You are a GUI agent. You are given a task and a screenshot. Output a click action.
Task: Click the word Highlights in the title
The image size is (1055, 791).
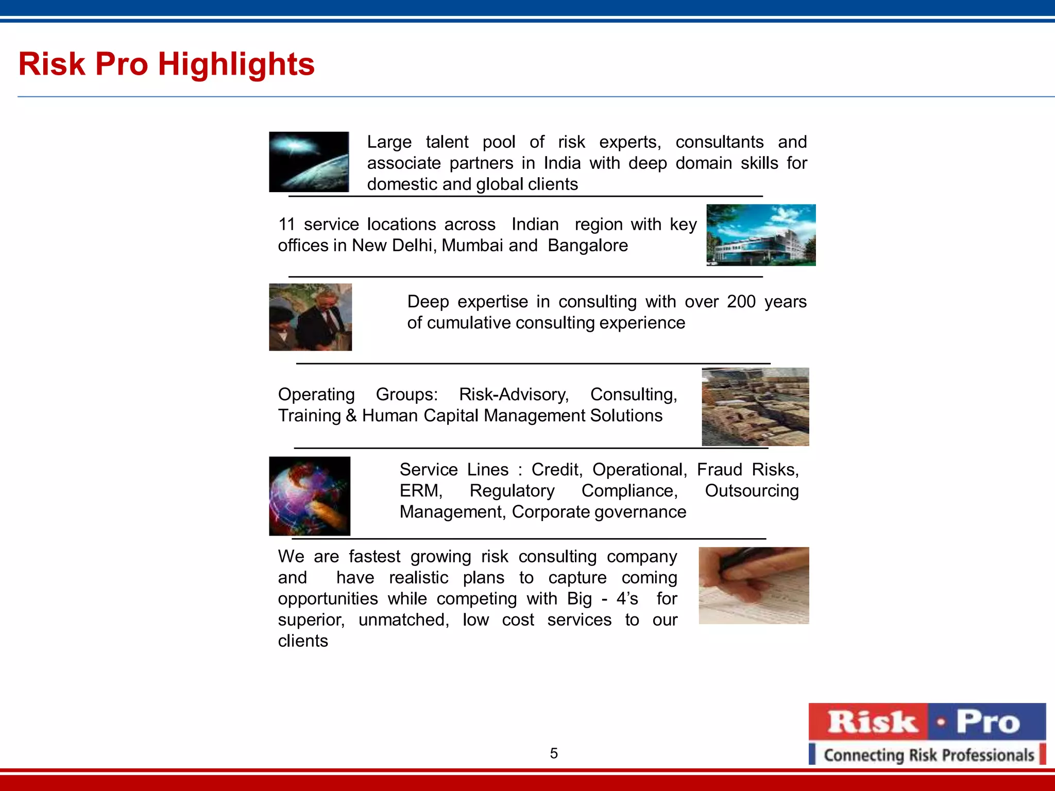click(x=236, y=65)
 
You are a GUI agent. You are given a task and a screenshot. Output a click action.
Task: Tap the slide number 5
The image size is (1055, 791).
click(x=554, y=753)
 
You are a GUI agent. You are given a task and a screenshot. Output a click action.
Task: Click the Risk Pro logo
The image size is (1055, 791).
click(x=927, y=734)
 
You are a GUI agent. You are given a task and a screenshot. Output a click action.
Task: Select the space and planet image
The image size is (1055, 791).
click(x=309, y=162)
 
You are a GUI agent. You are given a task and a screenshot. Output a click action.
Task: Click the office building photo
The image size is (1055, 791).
click(x=761, y=235)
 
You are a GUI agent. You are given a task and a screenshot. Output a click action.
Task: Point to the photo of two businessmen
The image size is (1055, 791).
click(x=310, y=317)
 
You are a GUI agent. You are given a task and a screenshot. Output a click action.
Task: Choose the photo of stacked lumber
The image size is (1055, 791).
click(x=755, y=407)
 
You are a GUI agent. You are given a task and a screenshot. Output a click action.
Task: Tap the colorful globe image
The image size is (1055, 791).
click(x=310, y=496)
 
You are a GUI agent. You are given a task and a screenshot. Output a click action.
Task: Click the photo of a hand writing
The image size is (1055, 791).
click(x=754, y=586)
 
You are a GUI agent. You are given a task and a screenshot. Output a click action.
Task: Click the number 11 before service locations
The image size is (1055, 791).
click(x=286, y=225)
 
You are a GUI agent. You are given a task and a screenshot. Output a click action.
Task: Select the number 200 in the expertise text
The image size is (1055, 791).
click(x=741, y=302)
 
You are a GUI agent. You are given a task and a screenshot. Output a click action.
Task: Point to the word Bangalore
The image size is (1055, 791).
click(x=588, y=246)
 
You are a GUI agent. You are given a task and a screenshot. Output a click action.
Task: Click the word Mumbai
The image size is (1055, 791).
click(x=472, y=246)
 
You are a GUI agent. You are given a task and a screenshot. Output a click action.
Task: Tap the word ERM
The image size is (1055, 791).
click(x=420, y=491)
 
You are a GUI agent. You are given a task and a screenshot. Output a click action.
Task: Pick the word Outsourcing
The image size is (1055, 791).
click(x=752, y=491)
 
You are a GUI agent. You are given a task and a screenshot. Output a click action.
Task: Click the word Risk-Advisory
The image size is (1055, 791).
click(x=514, y=394)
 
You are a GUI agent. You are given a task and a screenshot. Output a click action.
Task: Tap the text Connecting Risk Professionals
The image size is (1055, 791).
click(x=929, y=755)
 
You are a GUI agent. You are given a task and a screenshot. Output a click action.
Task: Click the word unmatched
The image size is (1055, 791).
click(x=403, y=620)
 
